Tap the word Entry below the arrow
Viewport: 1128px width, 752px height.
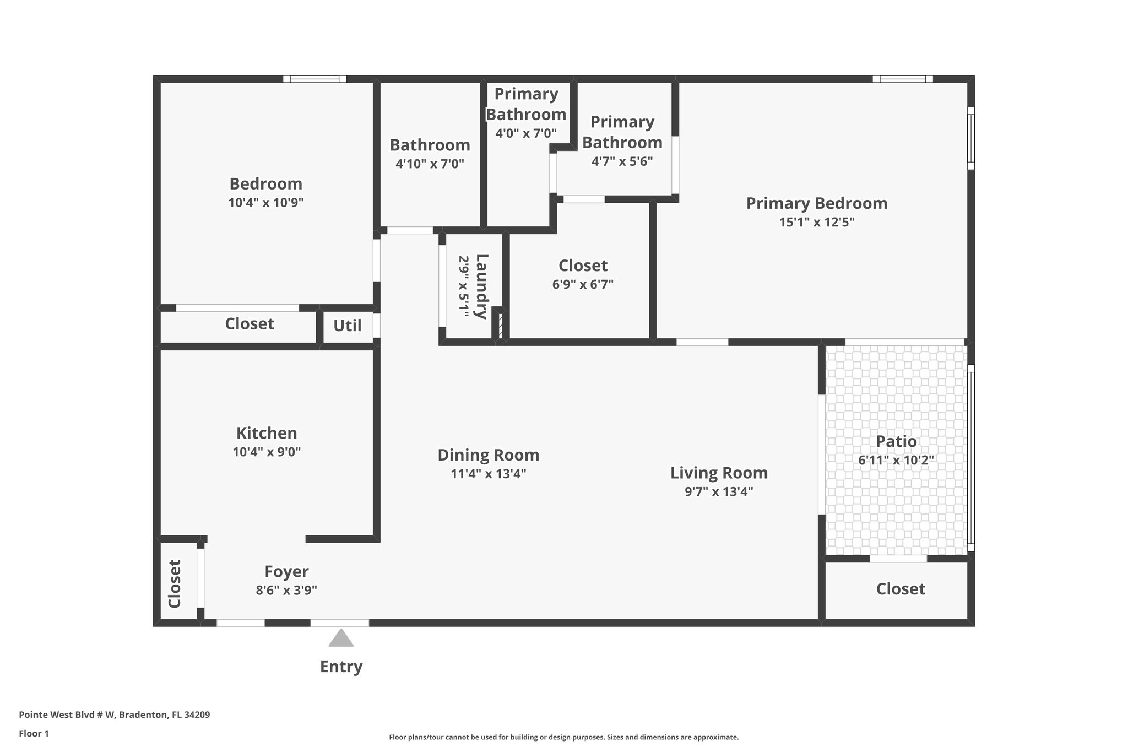tap(341, 667)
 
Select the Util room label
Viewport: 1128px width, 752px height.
tap(347, 326)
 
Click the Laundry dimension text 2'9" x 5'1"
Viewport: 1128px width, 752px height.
tap(464, 286)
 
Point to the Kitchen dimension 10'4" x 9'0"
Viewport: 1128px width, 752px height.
tap(267, 452)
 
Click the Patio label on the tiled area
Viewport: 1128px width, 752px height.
tap(896, 441)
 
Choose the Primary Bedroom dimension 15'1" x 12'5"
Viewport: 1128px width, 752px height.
tap(816, 222)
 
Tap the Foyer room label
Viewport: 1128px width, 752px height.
tap(286, 571)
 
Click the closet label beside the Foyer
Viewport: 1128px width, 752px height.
tap(175, 584)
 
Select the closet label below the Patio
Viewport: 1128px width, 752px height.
tap(901, 589)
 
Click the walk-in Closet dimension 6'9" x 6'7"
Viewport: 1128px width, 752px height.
tap(583, 284)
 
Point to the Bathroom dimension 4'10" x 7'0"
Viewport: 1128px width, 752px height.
tap(430, 164)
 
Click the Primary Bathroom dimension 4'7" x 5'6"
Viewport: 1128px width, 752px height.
tap(622, 161)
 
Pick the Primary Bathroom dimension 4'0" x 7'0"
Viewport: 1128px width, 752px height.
tap(525, 133)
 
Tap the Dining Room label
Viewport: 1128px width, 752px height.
tap(488, 455)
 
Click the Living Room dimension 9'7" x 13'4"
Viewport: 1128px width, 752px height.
tap(718, 491)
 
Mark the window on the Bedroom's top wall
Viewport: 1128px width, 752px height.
tap(314, 79)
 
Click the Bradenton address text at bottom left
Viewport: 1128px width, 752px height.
tap(114, 715)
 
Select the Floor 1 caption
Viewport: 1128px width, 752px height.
tap(34, 733)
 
